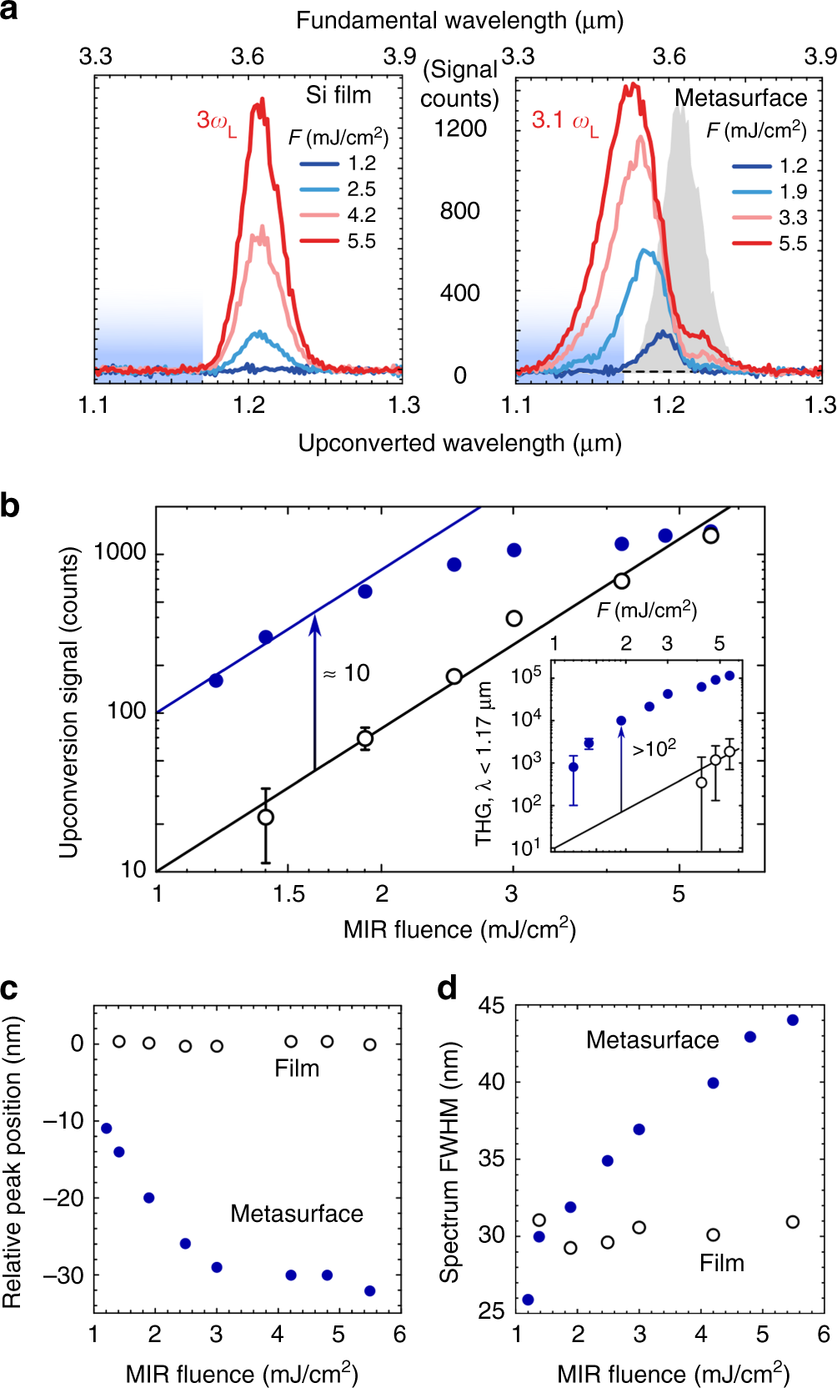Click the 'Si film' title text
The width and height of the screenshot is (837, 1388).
point(338,95)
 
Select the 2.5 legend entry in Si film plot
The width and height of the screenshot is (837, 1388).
point(361,189)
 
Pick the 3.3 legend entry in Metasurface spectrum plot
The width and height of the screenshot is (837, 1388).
point(792,218)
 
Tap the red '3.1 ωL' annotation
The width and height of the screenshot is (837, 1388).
point(564,122)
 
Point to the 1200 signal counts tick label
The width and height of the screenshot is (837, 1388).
point(460,128)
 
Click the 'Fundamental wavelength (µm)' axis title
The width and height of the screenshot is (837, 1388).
point(459,20)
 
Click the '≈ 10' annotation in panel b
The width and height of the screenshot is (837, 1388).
point(347,673)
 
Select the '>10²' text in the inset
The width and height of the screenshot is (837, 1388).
point(654,748)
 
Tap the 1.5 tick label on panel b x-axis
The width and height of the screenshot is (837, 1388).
point(288,894)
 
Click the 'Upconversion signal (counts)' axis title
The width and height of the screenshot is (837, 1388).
point(68,702)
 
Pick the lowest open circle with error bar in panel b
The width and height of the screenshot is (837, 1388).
point(265,817)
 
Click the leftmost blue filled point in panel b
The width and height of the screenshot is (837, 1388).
point(216,681)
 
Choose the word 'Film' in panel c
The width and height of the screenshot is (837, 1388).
point(297,1069)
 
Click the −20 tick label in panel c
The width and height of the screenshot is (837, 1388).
point(63,1199)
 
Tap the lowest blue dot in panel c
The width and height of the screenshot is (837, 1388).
point(370,1291)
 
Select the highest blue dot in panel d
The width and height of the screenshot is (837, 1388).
point(793,1020)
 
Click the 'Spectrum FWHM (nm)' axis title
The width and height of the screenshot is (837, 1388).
point(450,1161)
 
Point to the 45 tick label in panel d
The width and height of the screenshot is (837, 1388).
point(491,1006)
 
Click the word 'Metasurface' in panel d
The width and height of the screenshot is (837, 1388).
point(652,1040)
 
